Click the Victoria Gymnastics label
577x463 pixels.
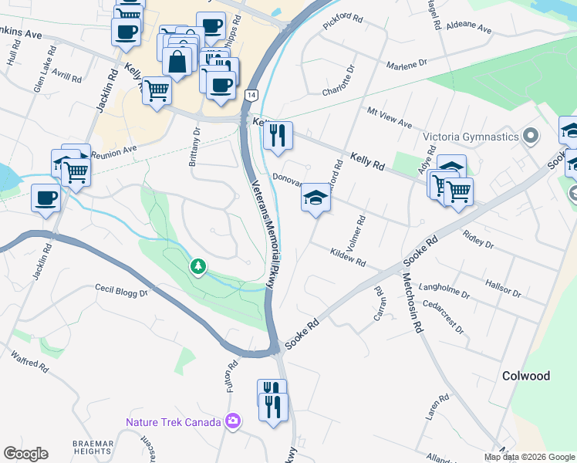coord(471,137)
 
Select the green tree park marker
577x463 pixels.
coord(199,267)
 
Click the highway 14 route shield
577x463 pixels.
coord(251,94)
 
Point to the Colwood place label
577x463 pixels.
coord(526,376)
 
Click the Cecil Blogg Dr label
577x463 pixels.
coord(121,292)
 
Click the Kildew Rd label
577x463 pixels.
coord(347,257)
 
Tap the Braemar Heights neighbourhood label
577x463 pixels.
coord(93,448)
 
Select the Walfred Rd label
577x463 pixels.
coord(29,367)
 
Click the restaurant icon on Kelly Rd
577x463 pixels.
coord(277,136)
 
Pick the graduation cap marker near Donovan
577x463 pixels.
coord(315,198)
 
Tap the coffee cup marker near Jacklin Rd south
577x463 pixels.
coord(46,198)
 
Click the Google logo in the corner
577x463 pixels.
coord(25,454)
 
